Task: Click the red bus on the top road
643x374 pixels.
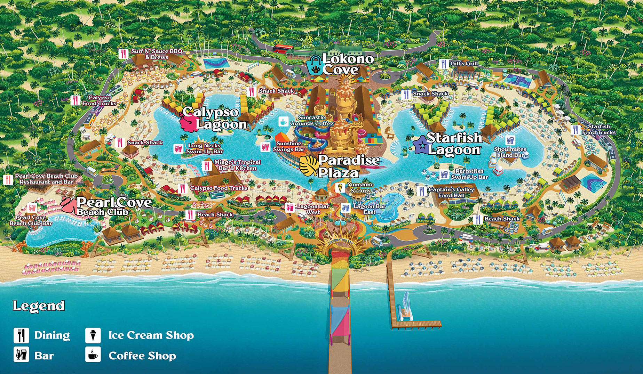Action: point(283,48)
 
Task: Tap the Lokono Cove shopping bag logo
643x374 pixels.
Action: point(316,65)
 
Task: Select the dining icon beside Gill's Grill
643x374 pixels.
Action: point(443,64)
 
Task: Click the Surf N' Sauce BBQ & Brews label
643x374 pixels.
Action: point(157,54)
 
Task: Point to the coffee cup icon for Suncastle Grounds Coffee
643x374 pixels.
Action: point(283,121)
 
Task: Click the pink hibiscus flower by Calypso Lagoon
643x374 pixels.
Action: point(189,122)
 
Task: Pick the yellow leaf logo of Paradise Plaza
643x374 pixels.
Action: point(308,166)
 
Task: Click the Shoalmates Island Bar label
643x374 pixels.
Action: point(510,152)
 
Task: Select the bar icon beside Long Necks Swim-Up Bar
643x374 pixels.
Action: point(178,148)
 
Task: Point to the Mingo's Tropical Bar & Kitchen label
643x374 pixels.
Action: point(237,165)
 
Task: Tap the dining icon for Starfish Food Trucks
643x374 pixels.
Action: point(575,130)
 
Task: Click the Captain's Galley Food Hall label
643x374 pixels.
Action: point(451,192)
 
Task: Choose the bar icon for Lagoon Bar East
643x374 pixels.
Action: point(345,208)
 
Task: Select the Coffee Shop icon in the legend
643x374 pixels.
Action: point(93,355)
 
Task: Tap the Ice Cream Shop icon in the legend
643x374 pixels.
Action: point(93,335)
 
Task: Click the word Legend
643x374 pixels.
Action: point(39,306)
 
